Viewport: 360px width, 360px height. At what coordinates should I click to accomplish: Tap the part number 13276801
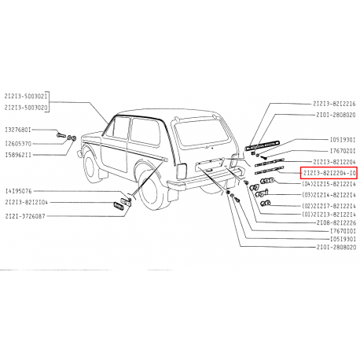coord(20,130)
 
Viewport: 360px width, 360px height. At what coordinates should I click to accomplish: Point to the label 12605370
coord(20,144)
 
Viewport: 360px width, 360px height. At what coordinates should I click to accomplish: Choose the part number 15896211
coord(20,156)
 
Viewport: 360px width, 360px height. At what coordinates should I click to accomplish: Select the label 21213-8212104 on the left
coord(27,202)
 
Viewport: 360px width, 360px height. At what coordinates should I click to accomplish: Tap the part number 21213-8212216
coord(330,104)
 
